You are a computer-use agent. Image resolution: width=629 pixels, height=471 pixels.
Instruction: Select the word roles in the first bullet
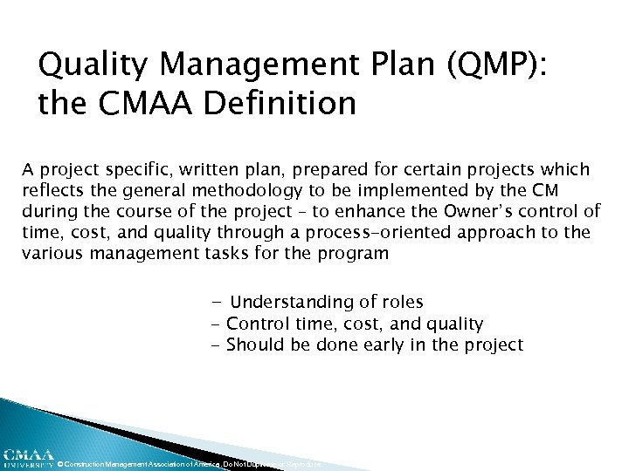click(403, 302)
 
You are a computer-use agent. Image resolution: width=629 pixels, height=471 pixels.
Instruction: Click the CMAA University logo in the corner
click(27, 458)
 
